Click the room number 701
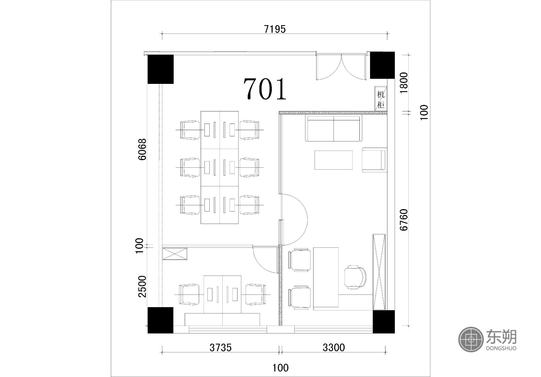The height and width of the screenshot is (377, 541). [x=265, y=89]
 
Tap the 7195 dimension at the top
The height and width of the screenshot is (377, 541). [x=275, y=29]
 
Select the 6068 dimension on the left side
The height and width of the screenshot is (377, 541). [x=142, y=149]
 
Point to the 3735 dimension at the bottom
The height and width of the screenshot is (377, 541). [x=221, y=348]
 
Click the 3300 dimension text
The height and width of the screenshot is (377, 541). [x=334, y=348]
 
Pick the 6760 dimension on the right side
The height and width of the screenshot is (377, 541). [x=404, y=220]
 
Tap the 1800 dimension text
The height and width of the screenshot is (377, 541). [x=404, y=83]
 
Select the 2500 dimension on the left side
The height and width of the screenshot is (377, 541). [x=142, y=286]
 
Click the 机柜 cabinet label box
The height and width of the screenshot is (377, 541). [x=381, y=99]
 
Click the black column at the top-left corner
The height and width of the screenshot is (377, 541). [x=160, y=69]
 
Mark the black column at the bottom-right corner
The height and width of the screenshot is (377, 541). [x=384, y=322]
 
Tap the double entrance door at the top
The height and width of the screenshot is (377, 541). [x=341, y=66]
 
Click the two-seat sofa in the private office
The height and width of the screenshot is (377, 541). [x=334, y=128]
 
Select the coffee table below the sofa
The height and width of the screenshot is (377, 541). [x=334, y=160]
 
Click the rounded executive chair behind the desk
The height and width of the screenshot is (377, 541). [x=355, y=277]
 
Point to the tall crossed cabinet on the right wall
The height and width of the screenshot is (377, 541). [x=379, y=272]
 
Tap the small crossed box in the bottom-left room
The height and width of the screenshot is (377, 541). [x=175, y=254]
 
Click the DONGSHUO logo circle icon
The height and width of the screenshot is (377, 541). [x=471, y=339]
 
